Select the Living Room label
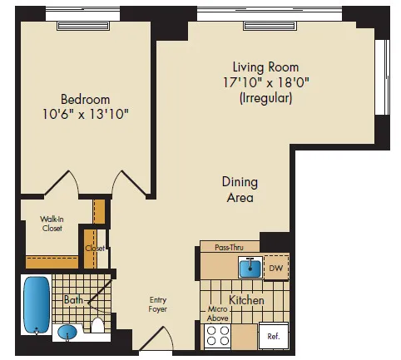[265, 67]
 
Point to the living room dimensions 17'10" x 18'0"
[265, 82]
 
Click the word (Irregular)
[265, 97]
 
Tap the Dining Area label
[239, 190]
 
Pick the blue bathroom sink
[68, 333]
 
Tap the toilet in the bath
[97, 325]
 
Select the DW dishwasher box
[276, 268]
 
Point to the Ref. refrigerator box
[272, 336]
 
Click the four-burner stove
[217, 335]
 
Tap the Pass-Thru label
[228, 247]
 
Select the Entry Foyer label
[158, 303]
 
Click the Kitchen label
[246, 299]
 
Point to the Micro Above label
[217, 313]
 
